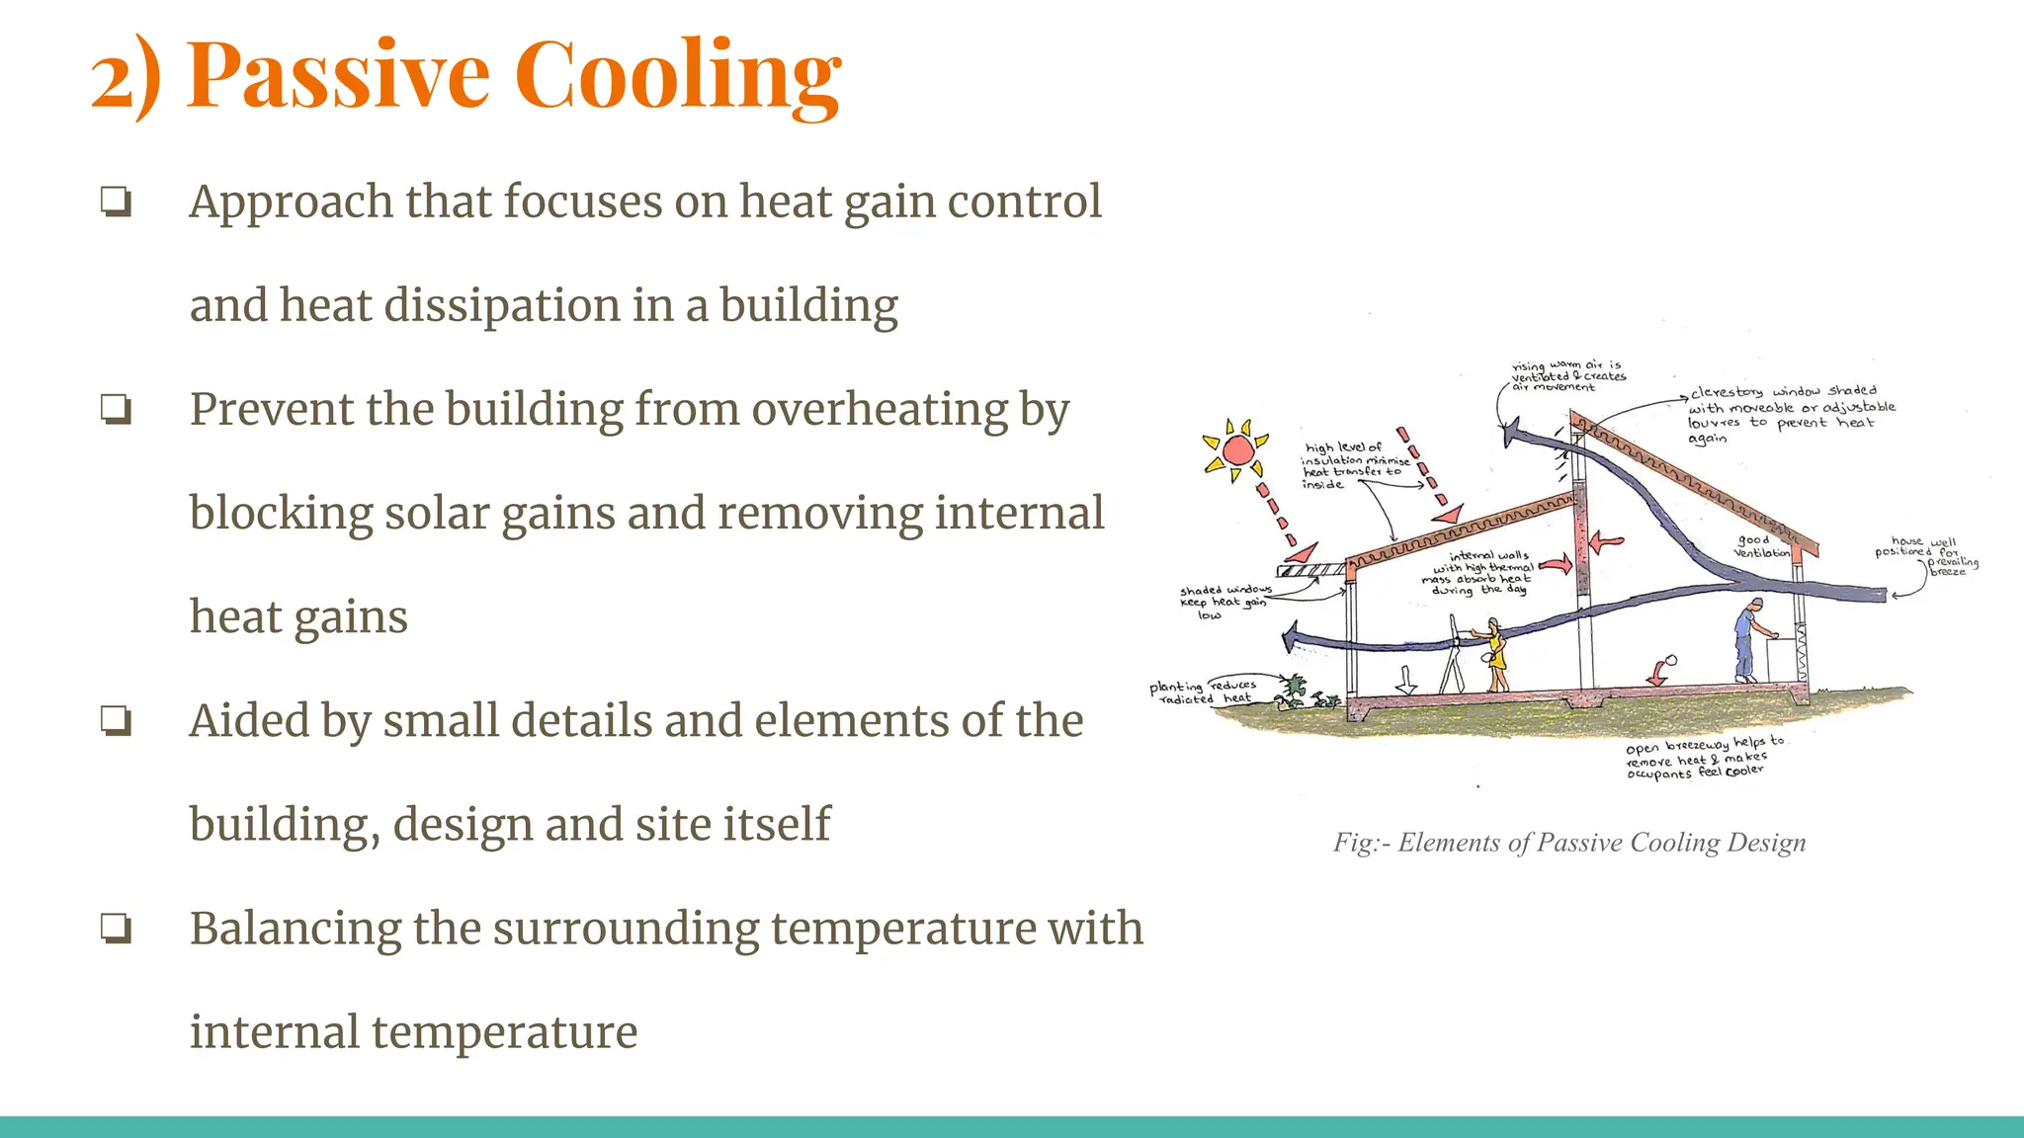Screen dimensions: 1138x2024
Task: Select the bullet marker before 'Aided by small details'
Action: pyautogui.click(x=116, y=721)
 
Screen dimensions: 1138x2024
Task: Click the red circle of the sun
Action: pyautogui.click(x=1237, y=451)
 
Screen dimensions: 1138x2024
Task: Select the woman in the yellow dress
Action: pyautogui.click(x=1495, y=655)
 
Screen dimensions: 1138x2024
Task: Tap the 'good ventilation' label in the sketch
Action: pyautogui.click(x=1760, y=546)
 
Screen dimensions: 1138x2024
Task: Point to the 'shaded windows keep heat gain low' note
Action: pyautogui.click(x=1223, y=602)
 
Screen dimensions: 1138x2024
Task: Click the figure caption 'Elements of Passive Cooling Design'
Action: pyautogui.click(x=1569, y=843)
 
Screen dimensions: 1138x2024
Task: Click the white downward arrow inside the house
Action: pyautogui.click(x=1406, y=679)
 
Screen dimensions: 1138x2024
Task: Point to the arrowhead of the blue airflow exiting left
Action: pyautogui.click(x=1290, y=638)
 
